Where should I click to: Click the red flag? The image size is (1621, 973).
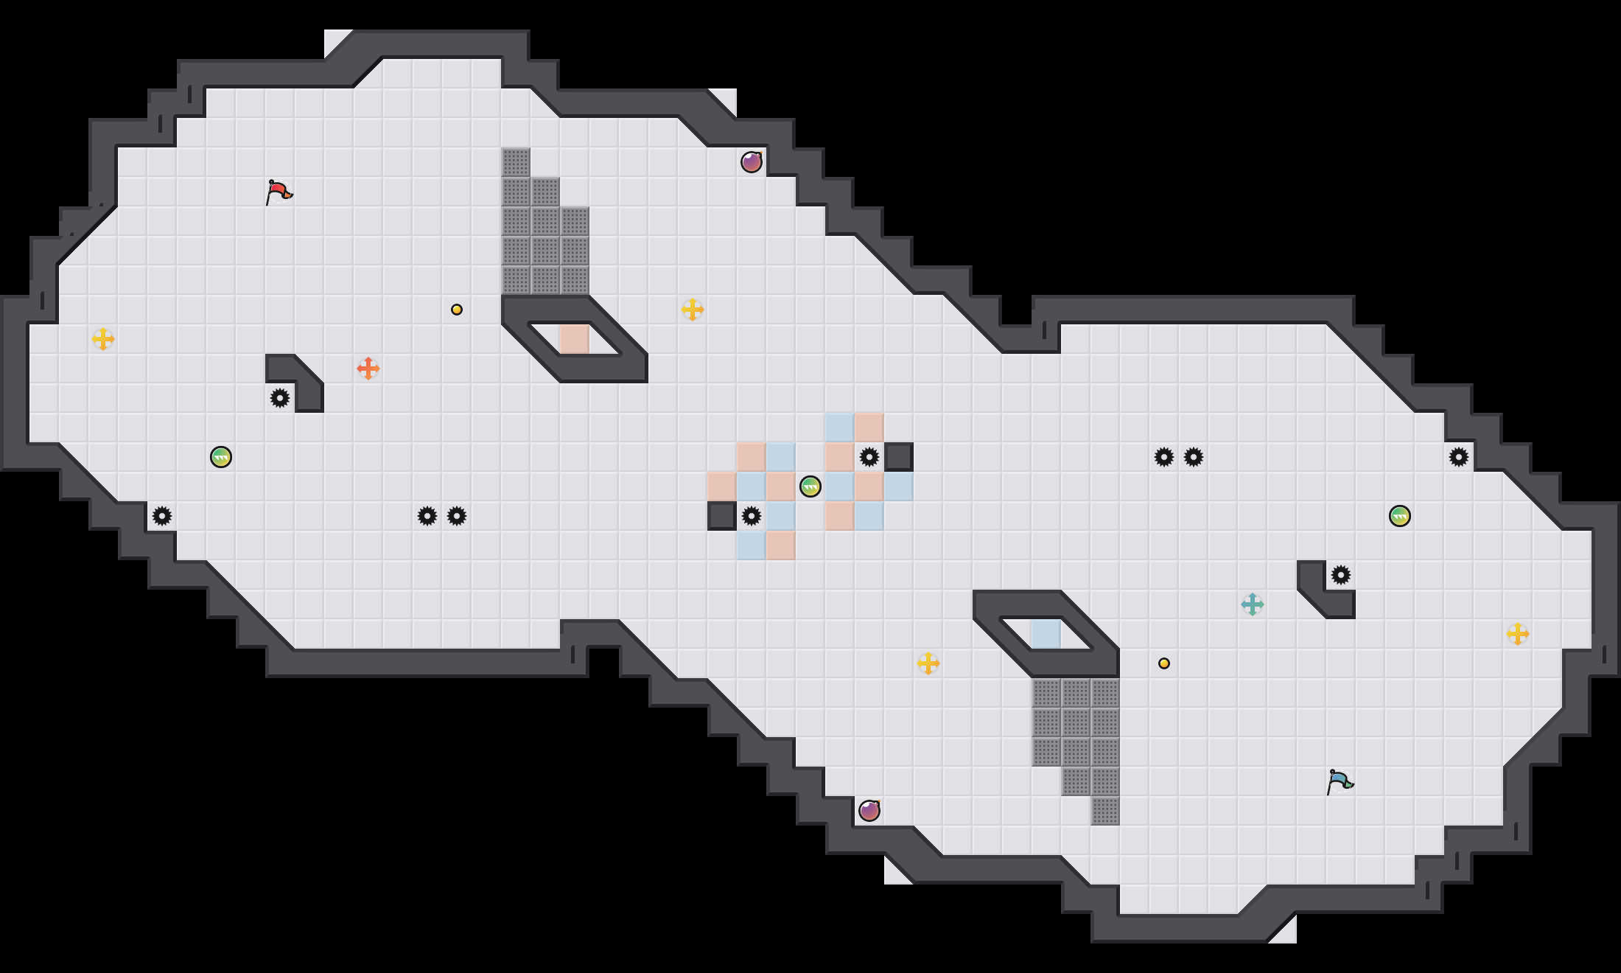tap(279, 192)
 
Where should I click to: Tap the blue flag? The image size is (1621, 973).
tap(1340, 781)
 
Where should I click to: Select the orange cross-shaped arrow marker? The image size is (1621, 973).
tap(368, 369)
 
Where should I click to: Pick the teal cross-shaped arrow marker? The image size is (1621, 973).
tap(1253, 604)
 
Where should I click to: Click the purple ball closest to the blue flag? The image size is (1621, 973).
tap(869, 811)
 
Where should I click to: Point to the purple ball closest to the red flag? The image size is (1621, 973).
tap(752, 162)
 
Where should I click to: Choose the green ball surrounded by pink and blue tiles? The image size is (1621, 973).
tap(810, 486)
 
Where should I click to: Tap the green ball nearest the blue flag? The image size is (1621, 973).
tap(1400, 516)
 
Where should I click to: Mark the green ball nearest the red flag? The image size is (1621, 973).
tap(221, 457)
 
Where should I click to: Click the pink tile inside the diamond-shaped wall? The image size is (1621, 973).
tap(575, 339)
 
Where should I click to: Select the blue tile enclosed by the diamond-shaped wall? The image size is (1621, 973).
tap(1046, 634)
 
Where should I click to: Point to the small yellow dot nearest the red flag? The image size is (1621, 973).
tap(457, 310)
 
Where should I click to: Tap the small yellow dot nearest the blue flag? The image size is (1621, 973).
tap(1164, 663)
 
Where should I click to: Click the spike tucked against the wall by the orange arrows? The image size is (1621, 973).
tap(280, 398)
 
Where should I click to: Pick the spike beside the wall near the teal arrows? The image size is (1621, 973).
tap(1341, 575)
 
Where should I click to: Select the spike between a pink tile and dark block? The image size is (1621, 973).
tap(869, 457)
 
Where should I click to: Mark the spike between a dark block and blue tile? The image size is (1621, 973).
tap(752, 516)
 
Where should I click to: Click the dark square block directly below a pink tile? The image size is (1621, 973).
tap(722, 516)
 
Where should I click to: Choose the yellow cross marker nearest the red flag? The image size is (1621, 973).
tap(103, 339)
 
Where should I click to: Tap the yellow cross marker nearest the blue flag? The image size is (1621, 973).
tap(1518, 634)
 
